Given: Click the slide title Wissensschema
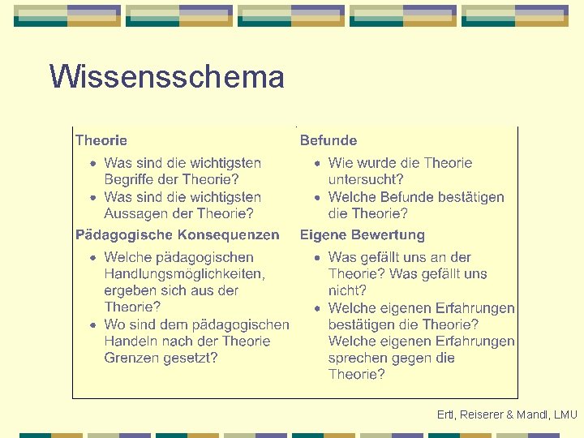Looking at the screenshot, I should click(x=166, y=78).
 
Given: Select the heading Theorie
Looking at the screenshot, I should click(x=101, y=140).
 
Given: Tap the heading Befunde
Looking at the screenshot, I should click(x=328, y=140).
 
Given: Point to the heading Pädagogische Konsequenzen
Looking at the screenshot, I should click(x=177, y=235).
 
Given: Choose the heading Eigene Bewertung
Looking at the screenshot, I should click(x=363, y=235).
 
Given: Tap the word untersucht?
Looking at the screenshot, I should click(x=366, y=180).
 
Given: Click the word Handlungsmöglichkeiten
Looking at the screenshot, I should click(x=184, y=274).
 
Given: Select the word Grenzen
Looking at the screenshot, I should click(x=131, y=358).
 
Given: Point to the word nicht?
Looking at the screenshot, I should click(x=347, y=290).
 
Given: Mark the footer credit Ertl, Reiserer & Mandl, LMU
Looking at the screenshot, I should click(x=507, y=415).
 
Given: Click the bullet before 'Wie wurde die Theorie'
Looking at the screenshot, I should click(x=318, y=164).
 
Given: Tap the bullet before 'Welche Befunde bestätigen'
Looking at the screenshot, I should click(x=318, y=198).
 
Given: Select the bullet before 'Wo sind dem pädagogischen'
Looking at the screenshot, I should click(x=94, y=325).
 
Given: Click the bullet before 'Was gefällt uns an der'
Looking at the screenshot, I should click(x=318, y=258).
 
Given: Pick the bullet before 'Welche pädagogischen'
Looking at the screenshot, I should click(x=94, y=258).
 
